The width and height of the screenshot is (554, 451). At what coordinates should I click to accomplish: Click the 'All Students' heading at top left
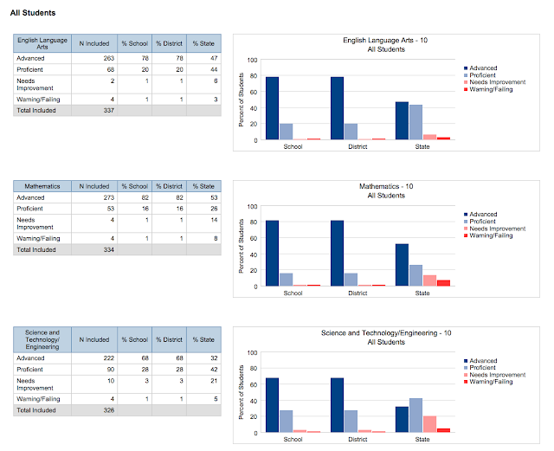(33, 14)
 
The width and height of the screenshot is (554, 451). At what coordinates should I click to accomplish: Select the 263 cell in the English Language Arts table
(93, 58)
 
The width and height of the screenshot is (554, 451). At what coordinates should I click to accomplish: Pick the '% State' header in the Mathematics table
(203, 186)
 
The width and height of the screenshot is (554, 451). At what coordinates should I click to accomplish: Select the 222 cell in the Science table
(93, 357)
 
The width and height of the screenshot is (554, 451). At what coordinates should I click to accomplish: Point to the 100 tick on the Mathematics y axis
(252, 206)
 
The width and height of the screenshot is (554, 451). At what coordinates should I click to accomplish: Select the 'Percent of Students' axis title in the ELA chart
(242, 100)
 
